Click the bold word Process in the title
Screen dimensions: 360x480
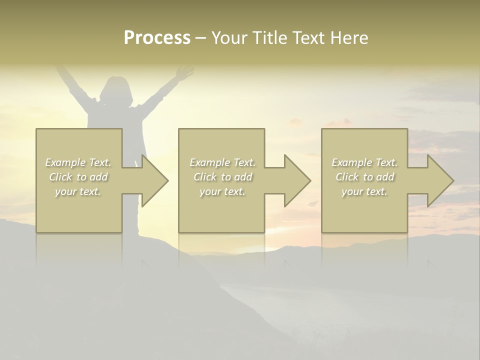click(157, 38)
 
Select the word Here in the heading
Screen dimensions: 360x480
click(349, 38)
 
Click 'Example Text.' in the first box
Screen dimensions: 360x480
click(78, 162)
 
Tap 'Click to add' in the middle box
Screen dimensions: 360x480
click(223, 177)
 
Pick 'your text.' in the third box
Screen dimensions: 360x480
click(364, 191)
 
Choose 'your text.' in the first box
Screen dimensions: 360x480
click(78, 191)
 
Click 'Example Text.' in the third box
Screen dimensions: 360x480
click(364, 162)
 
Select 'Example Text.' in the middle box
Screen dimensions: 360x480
click(223, 162)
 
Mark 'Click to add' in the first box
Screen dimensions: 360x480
click(78, 177)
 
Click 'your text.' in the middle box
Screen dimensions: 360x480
click(223, 191)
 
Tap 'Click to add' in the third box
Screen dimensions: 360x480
click(364, 177)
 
